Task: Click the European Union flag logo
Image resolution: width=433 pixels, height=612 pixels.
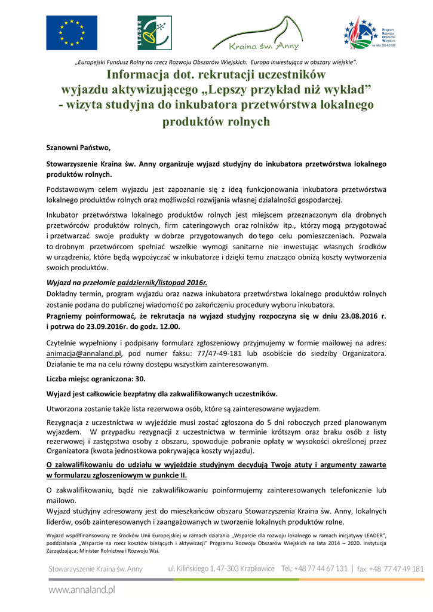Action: (72, 33)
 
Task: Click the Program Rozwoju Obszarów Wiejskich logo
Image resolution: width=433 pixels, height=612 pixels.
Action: (370, 33)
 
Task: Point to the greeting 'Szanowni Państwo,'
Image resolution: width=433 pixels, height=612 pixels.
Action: (79, 146)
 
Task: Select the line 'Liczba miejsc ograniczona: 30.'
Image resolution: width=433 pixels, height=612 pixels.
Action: (96, 379)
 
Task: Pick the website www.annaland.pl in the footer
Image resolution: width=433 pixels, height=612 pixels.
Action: (82, 590)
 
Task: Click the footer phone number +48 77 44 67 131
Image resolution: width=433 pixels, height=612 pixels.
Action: (315, 569)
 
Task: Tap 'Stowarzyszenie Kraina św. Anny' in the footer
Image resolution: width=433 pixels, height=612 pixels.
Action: (96, 569)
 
